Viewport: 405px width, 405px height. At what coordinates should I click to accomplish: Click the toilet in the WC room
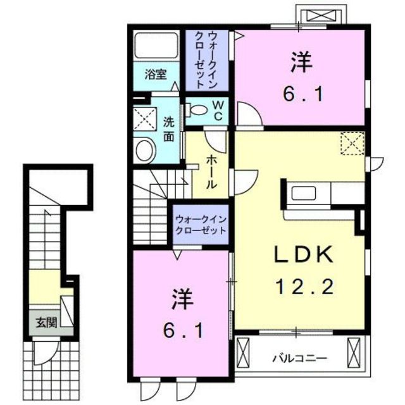tap(197, 109)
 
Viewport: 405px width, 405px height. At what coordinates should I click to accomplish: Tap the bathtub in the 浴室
tap(156, 46)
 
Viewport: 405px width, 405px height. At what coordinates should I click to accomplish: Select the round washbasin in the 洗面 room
tap(146, 151)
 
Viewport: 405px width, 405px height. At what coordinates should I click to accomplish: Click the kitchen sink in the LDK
tap(304, 193)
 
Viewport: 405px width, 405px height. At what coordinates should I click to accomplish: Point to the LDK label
tap(304, 254)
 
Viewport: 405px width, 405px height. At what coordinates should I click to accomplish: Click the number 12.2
tap(305, 287)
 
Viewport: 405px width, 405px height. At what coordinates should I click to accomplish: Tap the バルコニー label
tap(300, 359)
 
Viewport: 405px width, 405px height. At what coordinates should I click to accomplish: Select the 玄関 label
tap(46, 322)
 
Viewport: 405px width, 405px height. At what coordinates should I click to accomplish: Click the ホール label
tap(211, 171)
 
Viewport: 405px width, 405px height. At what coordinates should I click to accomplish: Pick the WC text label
tap(218, 111)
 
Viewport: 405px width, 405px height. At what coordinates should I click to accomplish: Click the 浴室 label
tap(156, 75)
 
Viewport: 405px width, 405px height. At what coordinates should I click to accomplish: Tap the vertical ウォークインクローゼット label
tap(206, 60)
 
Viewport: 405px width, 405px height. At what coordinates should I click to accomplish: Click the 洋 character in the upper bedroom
tap(302, 62)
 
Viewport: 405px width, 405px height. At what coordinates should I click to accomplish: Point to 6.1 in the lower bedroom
tap(183, 332)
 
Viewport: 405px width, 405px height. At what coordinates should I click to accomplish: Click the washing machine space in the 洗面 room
tap(145, 120)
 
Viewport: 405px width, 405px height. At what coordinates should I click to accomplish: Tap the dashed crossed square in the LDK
tap(352, 144)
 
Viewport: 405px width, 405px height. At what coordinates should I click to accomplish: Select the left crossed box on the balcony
tap(243, 354)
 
